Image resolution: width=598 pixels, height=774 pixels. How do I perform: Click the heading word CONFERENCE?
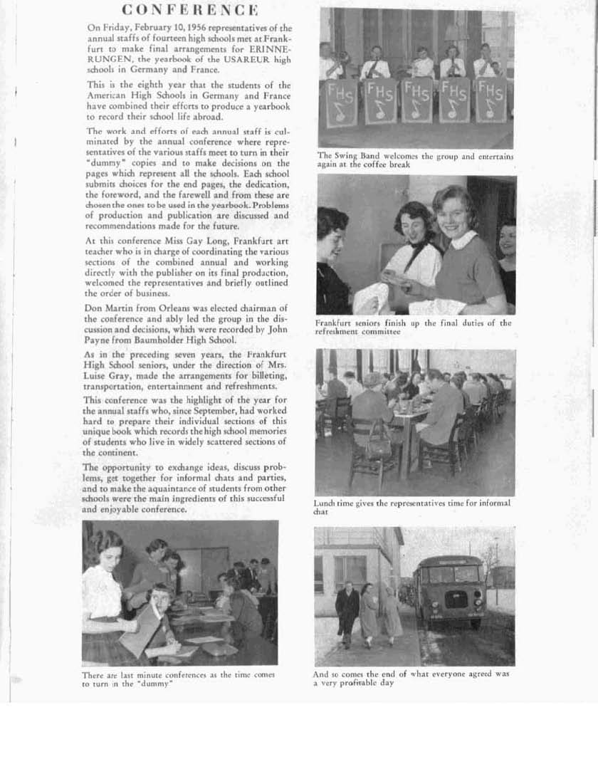pos(189,9)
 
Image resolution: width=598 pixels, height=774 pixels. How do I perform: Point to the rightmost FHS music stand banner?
pos(491,100)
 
